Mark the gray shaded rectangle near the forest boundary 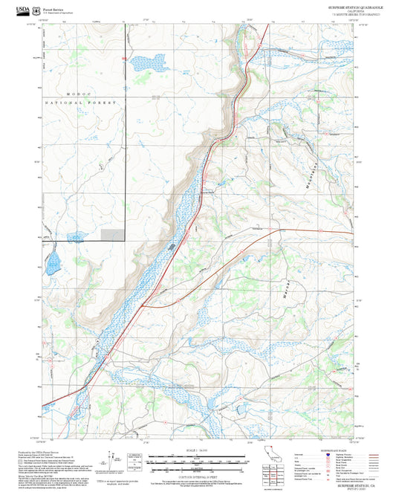coord(111,234)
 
